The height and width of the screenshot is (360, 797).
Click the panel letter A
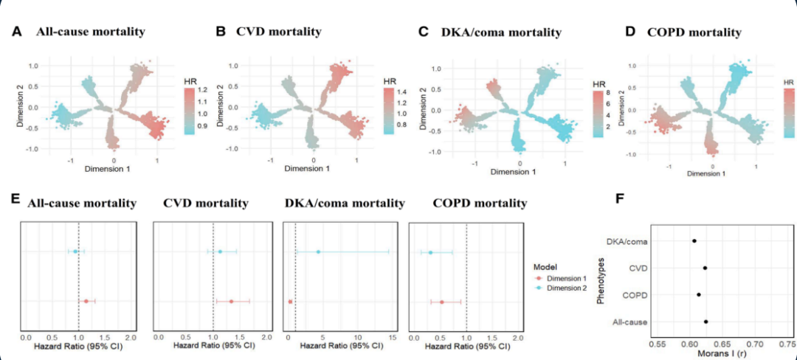coord(16,32)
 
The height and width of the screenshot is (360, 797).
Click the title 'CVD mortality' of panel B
coord(278,32)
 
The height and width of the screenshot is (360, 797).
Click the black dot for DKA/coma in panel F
coord(694,240)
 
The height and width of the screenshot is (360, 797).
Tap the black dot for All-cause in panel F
coord(706,322)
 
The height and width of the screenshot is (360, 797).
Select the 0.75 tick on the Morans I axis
coord(787,342)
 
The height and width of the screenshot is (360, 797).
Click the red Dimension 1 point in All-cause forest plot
coord(86,301)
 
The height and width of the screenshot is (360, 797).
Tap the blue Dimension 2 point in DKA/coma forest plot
coord(318,252)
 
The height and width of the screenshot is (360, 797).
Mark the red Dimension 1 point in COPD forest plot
coord(442,302)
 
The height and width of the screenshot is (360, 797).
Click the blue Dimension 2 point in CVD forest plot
coord(220,252)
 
